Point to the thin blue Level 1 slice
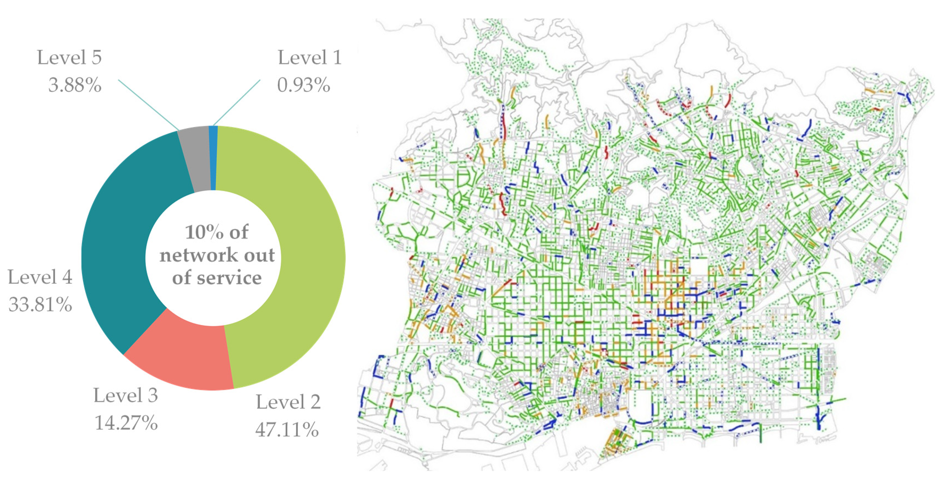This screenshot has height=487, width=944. point(213,158)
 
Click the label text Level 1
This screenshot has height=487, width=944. point(310,58)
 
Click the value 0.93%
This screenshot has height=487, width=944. point(303,85)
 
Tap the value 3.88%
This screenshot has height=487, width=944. point(75,85)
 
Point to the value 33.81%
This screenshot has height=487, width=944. point(40,305)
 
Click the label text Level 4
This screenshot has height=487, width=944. point(40,277)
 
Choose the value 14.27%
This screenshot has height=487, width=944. point(126,423)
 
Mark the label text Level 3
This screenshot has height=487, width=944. point(126,395)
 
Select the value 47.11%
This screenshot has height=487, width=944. point(287,429)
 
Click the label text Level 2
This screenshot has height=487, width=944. point(288,402)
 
